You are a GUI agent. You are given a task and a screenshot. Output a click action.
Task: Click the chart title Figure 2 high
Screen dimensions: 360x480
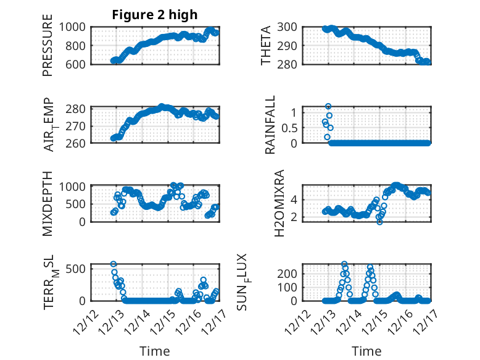click(x=155, y=15)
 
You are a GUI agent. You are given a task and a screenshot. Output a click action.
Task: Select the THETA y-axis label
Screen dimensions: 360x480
click(x=266, y=45)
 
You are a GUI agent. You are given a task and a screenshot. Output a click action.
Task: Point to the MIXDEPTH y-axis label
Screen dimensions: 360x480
click(x=48, y=203)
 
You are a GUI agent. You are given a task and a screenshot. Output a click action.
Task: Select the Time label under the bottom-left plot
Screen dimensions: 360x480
click(x=154, y=351)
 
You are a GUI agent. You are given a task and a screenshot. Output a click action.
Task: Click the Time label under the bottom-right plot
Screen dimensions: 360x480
click(x=366, y=351)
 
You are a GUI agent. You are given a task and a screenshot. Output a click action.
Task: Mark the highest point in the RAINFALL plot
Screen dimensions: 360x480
click(x=328, y=107)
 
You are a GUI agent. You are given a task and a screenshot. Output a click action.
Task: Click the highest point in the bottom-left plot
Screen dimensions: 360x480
click(x=114, y=264)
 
